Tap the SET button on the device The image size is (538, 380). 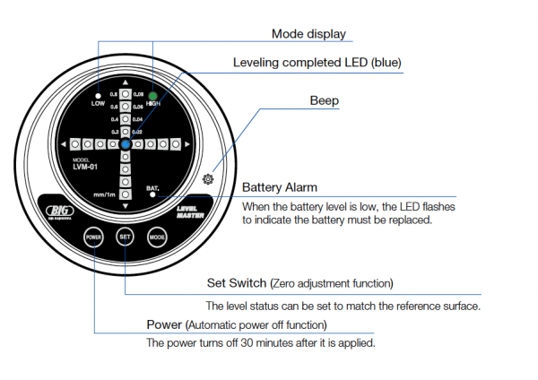[x=125, y=237]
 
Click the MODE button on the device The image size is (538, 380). [x=157, y=237]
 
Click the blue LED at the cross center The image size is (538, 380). [x=126, y=143]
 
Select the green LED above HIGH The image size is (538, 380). [x=153, y=94]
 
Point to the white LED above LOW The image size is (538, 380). [x=98, y=93]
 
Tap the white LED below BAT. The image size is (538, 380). [x=153, y=198]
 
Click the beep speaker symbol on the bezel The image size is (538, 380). [x=209, y=179]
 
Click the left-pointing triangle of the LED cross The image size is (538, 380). [x=64, y=143]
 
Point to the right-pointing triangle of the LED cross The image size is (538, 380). [x=187, y=143]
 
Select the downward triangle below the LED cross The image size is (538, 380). [x=126, y=205]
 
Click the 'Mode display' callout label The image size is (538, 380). [x=308, y=35]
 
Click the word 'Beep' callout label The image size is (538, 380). [x=325, y=101]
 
